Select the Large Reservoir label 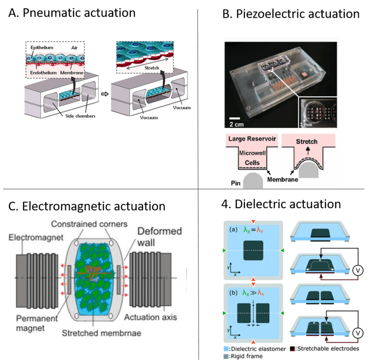pos(251,139)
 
